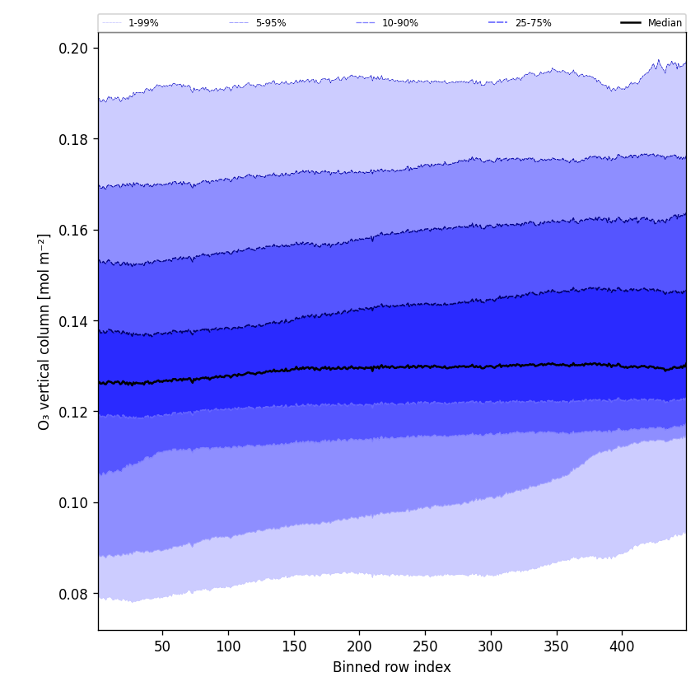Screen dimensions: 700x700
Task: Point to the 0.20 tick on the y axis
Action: click(x=74, y=48)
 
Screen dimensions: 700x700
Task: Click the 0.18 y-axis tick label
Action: click(x=74, y=139)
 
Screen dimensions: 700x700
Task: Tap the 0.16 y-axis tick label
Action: click(x=74, y=230)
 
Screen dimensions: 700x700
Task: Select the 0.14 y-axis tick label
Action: click(x=74, y=321)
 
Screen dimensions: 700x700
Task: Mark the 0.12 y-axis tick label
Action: click(x=74, y=412)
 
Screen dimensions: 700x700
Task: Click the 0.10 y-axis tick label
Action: click(x=74, y=502)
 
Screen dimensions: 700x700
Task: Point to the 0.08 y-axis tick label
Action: click(x=74, y=594)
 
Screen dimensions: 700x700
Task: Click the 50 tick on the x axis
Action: click(x=162, y=646)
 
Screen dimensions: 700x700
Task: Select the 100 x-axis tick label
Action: click(x=228, y=646)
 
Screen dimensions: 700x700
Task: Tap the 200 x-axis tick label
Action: click(x=359, y=646)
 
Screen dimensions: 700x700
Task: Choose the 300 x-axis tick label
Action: click(x=491, y=646)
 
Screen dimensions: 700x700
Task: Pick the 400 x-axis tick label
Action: click(x=622, y=646)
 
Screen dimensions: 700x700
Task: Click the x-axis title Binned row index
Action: click(x=392, y=668)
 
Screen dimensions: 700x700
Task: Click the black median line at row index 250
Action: click(x=425, y=366)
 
